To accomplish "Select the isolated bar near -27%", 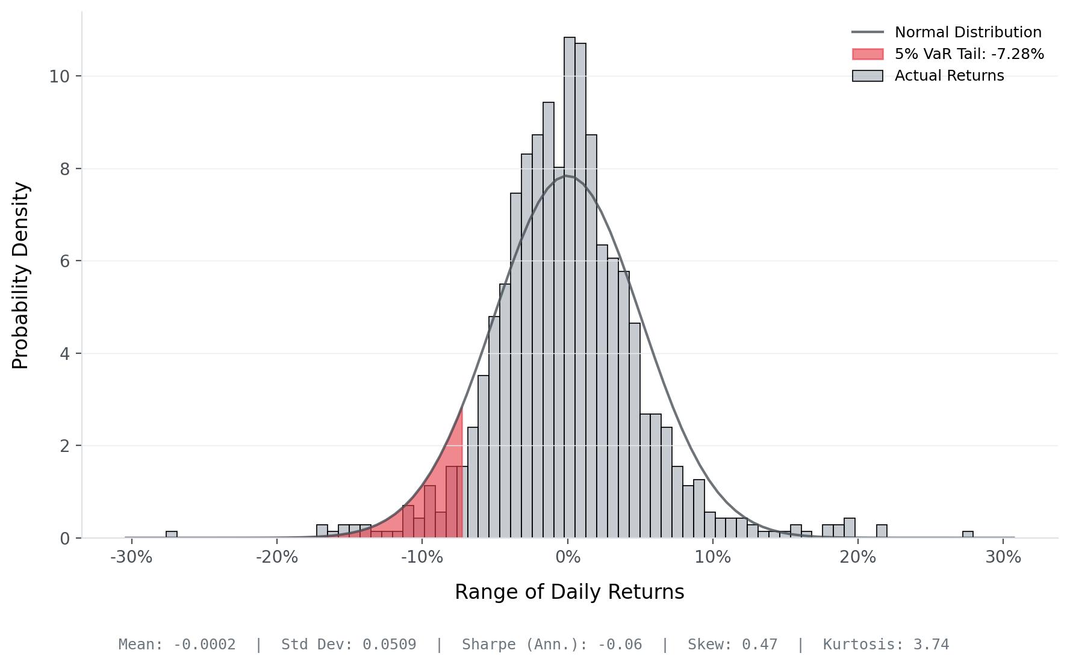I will click(x=172, y=534).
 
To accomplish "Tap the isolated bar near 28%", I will click(x=968, y=534).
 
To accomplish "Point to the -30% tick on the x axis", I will click(x=131, y=557).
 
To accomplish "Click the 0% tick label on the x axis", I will click(x=567, y=557).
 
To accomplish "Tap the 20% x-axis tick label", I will click(x=857, y=557).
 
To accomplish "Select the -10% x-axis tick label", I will click(x=422, y=557).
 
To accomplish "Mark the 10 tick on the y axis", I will click(x=60, y=76).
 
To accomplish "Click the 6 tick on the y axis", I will click(x=64, y=261).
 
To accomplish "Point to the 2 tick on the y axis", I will click(x=64, y=446).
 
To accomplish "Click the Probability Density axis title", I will click(x=20, y=275).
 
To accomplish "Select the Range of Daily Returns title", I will click(x=569, y=592).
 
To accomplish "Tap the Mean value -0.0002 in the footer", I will click(x=205, y=645).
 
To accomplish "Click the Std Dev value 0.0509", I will click(x=389, y=645).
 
